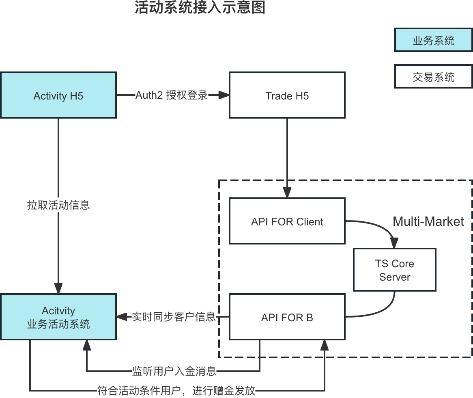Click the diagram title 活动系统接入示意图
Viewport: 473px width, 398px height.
click(200, 8)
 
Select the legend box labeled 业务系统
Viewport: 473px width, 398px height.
click(433, 40)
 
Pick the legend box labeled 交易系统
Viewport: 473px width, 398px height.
click(433, 76)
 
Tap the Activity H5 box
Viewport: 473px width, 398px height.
click(58, 95)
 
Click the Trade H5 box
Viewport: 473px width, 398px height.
click(287, 95)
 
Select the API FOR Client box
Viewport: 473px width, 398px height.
click(287, 221)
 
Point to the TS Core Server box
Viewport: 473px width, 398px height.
click(395, 270)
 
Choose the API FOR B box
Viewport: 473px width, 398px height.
click(287, 317)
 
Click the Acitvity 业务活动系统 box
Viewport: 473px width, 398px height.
click(58, 317)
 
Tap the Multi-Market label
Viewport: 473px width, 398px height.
click(428, 221)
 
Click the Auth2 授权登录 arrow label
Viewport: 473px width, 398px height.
click(171, 95)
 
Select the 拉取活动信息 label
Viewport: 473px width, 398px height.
click(58, 205)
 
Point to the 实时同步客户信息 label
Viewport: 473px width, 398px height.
click(174, 317)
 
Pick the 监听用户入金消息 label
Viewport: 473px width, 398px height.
click(174, 371)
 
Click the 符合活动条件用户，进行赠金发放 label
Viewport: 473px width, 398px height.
click(176, 391)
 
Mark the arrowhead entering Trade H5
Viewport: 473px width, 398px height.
click(224, 95)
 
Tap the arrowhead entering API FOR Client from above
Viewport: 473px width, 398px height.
click(287, 193)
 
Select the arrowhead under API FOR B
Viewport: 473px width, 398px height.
click(325, 345)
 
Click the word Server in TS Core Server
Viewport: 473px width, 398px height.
click(395, 277)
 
